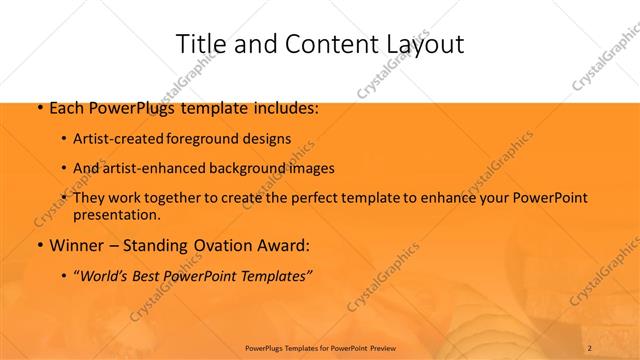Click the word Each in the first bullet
pos(66,107)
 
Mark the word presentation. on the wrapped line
pos(117,215)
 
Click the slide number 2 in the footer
pos(591,347)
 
